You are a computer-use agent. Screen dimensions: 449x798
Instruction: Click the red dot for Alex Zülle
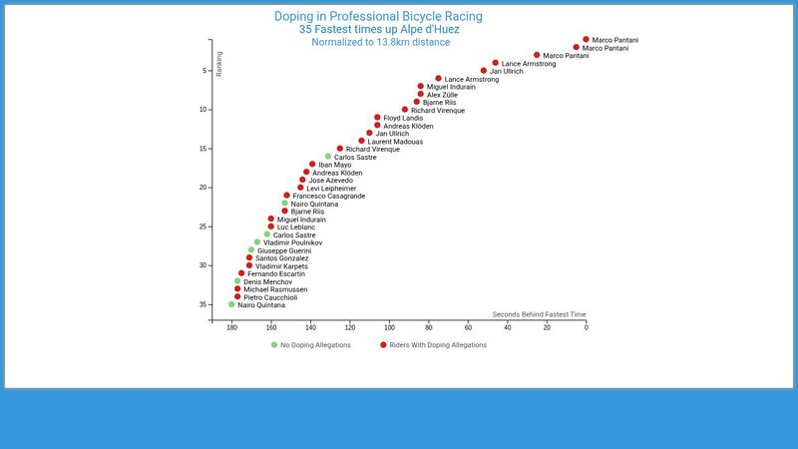tap(421, 94)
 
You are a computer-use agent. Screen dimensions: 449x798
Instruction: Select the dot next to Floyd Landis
tap(377, 118)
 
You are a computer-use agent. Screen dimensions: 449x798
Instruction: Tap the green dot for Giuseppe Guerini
tap(251, 250)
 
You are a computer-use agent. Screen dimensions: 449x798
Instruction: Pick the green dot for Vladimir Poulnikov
tap(257, 242)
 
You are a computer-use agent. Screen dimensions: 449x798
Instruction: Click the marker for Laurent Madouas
tap(361, 141)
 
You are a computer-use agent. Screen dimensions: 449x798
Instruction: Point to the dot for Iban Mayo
tap(312, 165)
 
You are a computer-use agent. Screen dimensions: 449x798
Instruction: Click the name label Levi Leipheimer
tap(331, 189)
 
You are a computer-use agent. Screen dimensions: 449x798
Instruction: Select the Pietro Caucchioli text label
tap(270, 297)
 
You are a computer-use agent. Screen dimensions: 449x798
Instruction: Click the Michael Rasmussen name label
tap(275, 289)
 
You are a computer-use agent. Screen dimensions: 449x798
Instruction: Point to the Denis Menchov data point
tap(237, 281)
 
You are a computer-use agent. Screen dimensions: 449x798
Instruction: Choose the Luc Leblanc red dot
tap(270, 226)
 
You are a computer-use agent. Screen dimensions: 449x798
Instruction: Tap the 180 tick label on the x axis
tap(231, 327)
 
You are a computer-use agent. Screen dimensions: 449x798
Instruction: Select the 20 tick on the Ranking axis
tap(204, 188)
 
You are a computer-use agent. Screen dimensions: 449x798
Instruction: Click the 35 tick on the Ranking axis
tap(204, 304)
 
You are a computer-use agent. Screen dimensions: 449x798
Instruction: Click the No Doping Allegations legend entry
tap(311, 345)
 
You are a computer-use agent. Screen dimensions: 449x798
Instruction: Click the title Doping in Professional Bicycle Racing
tap(378, 16)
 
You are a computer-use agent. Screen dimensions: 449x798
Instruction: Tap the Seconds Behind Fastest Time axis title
tap(539, 314)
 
